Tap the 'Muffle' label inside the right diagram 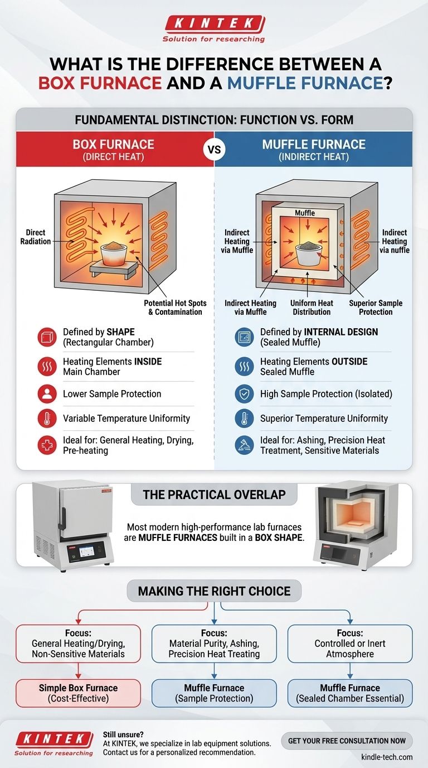coord(305,213)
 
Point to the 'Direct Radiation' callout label coord(36,237)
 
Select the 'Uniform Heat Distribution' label coord(312,307)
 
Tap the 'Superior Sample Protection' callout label coord(376,307)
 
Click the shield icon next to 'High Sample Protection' coord(244,394)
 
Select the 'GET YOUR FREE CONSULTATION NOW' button coord(347,741)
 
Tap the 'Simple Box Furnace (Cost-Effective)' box coord(78,693)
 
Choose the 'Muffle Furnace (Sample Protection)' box coord(214,693)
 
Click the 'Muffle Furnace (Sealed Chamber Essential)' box coord(350,693)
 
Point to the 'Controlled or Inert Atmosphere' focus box coord(350,644)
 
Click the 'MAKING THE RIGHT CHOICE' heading coord(214,591)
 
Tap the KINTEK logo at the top coord(214,23)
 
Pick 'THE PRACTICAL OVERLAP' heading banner coord(215,495)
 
